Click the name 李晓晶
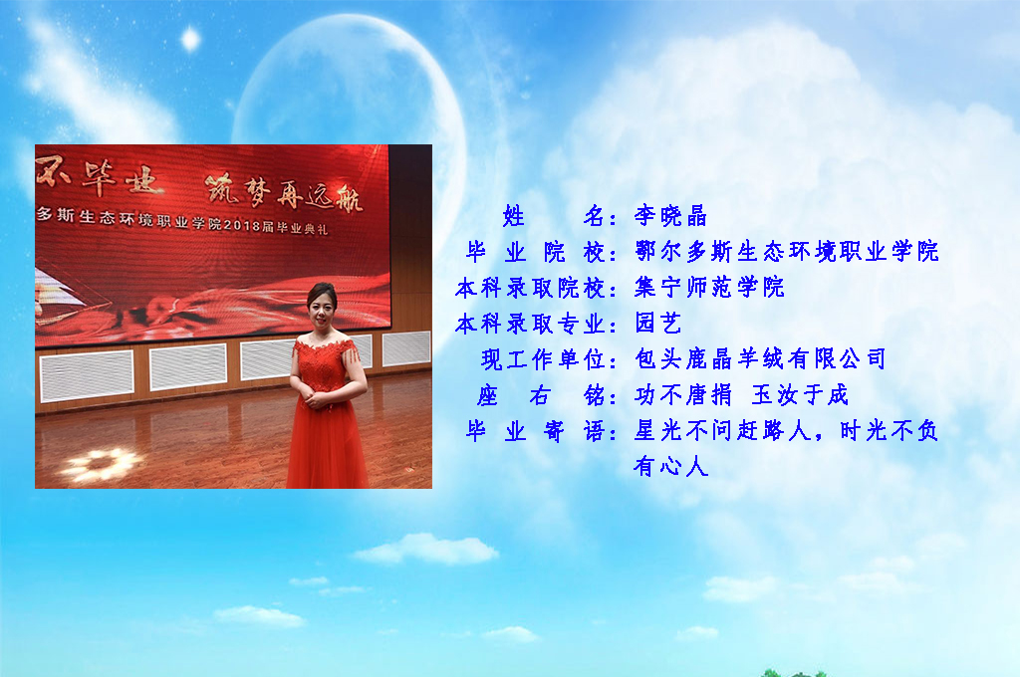tap(670, 215)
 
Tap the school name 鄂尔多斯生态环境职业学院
tap(787, 251)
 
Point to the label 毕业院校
tap(536, 252)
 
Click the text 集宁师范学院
tap(709, 287)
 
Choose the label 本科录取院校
tap(531, 288)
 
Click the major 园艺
tap(658, 323)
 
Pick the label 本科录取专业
tap(531, 324)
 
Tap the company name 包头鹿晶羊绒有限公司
tap(761, 358)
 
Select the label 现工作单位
tap(544, 359)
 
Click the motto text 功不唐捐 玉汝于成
tap(741, 394)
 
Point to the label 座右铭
tap(541, 395)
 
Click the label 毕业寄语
tap(536, 430)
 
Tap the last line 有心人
tap(670, 466)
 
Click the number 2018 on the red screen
tap(242, 225)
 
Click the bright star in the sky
tap(190, 40)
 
